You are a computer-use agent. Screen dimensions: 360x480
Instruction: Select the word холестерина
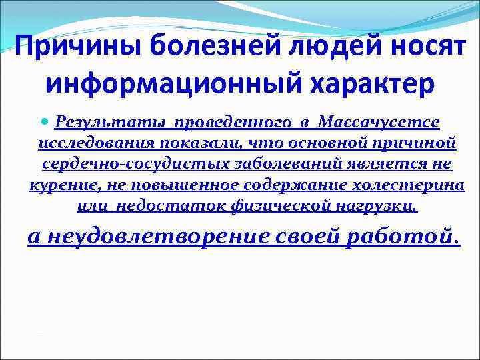click(x=414, y=185)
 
